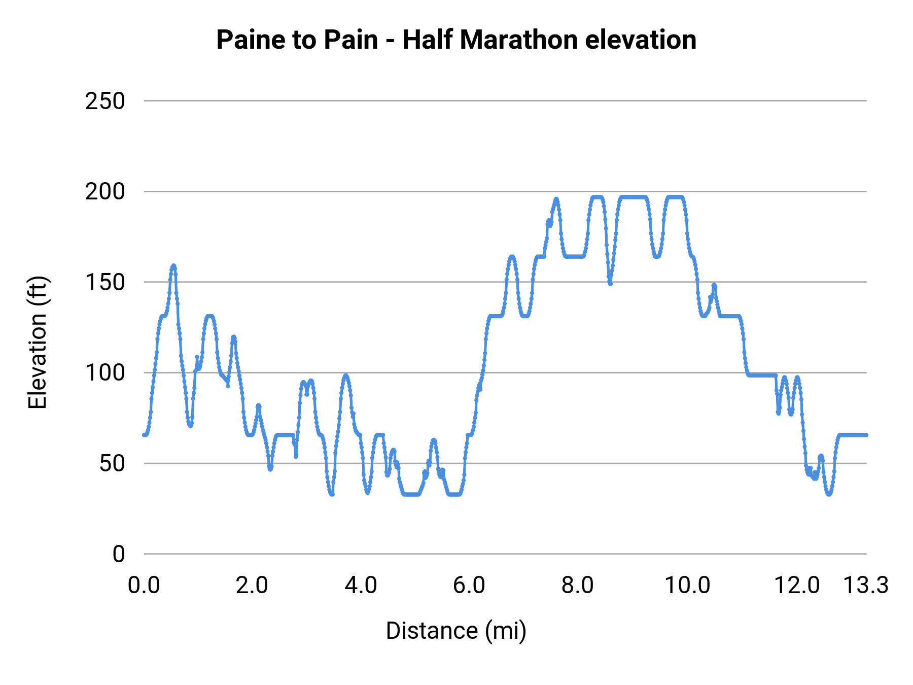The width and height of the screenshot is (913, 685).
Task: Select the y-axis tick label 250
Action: tap(104, 101)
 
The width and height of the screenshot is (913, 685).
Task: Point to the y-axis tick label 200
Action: tap(104, 192)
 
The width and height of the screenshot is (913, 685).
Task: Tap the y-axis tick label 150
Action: tap(104, 282)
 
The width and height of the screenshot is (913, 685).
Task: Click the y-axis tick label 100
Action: tap(104, 373)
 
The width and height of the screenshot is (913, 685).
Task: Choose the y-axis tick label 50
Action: tap(112, 463)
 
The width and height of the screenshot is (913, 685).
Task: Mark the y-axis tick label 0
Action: tap(118, 554)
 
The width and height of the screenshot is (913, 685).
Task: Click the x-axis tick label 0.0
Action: tap(144, 586)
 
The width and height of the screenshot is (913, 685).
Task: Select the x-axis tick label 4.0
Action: tap(361, 586)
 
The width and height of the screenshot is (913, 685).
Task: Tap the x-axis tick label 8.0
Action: tap(578, 586)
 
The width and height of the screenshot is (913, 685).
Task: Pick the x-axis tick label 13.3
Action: tap(865, 586)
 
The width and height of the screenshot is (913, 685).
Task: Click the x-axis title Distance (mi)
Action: tap(456, 631)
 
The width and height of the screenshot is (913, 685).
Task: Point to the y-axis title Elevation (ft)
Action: tap(37, 342)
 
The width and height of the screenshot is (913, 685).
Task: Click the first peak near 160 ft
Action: tap(173, 266)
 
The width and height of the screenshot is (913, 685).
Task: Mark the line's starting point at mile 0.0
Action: tap(145, 435)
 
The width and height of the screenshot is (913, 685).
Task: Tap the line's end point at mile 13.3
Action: tap(866, 435)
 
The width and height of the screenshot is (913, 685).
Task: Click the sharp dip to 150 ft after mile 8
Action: tap(610, 283)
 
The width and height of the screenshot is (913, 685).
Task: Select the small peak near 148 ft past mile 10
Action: tap(714, 285)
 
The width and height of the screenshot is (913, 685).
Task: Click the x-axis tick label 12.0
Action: tap(796, 586)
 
